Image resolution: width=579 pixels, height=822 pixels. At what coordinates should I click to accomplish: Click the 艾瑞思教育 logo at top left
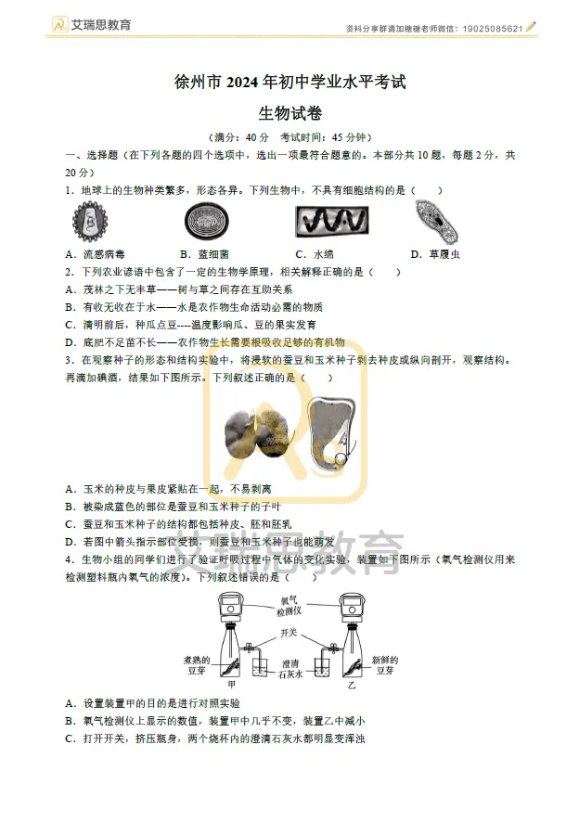(x=92, y=24)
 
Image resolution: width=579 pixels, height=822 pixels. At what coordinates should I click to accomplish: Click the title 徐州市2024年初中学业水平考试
(x=289, y=83)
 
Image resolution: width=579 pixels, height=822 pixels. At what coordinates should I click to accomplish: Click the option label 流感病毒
(x=103, y=254)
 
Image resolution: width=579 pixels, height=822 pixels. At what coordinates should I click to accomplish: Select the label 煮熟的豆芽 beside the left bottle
(x=199, y=663)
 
